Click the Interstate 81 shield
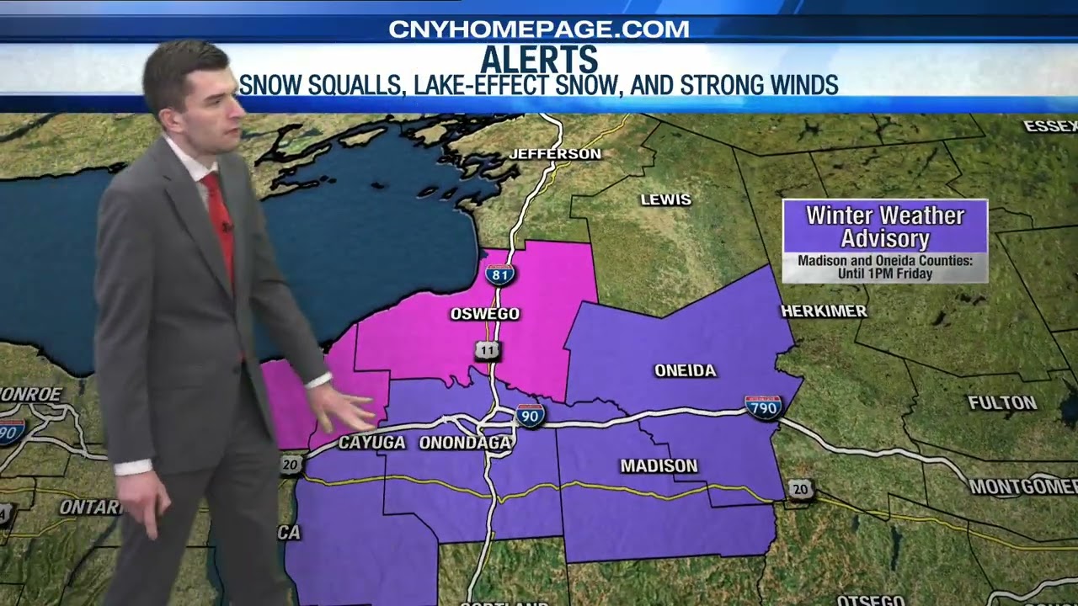(x=499, y=274)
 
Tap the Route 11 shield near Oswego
(x=488, y=351)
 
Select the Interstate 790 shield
(x=763, y=407)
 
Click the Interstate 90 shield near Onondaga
(x=531, y=415)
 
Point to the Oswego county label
(x=485, y=314)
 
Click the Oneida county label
(x=685, y=370)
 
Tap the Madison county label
(x=659, y=465)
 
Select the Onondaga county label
(x=465, y=443)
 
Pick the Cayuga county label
(x=371, y=443)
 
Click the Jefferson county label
(x=555, y=154)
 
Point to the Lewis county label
(x=665, y=199)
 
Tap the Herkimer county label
(x=824, y=311)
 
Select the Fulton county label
(x=1002, y=403)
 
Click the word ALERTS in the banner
(x=539, y=61)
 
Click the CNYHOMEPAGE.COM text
(x=539, y=29)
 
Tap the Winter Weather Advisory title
(x=884, y=226)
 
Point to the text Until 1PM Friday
(x=884, y=274)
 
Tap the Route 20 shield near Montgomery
(x=800, y=489)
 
